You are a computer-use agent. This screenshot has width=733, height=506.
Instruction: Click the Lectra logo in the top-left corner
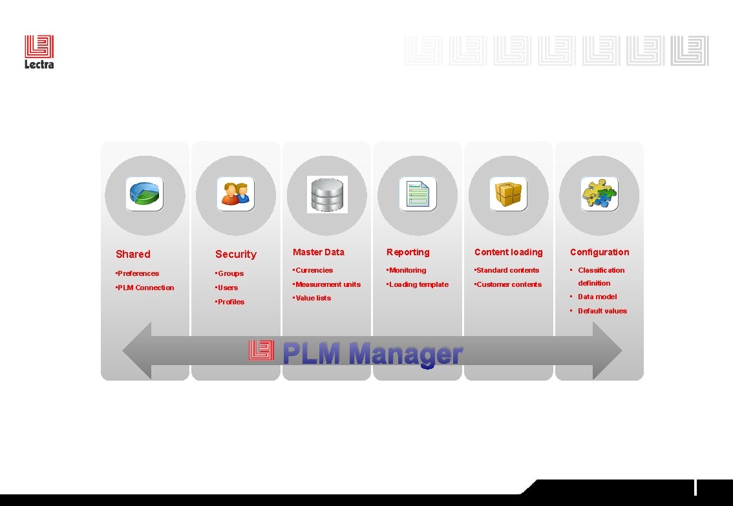tap(39, 52)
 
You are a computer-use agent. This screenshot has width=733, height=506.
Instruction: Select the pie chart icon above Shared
tap(144, 194)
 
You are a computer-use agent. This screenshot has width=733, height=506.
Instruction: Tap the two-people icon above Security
tap(235, 194)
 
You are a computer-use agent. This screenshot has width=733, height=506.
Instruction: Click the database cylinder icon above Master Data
tap(326, 194)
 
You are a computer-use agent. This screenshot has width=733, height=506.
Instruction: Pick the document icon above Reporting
tap(417, 194)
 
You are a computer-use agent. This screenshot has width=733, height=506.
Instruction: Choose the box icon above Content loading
tap(508, 194)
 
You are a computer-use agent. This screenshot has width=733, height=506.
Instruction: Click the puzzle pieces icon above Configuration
tap(599, 194)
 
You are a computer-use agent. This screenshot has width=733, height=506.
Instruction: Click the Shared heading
tap(133, 255)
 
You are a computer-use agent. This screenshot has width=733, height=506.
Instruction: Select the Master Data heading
tap(319, 252)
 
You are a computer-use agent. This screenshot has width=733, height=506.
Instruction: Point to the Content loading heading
tap(509, 252)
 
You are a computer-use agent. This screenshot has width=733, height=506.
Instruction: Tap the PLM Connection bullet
tap(145, 288)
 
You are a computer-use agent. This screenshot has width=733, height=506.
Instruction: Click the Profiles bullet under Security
tap(231, 302)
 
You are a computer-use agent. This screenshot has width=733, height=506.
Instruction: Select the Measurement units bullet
tap(328, 284)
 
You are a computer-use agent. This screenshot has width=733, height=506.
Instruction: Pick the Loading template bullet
tap(418, 284)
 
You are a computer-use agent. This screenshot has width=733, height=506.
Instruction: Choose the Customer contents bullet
tap(509, 284)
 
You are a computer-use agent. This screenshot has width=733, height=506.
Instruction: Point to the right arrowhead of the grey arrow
tap(607, 351)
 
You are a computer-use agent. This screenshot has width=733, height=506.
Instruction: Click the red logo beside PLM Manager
tap(261, 351)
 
